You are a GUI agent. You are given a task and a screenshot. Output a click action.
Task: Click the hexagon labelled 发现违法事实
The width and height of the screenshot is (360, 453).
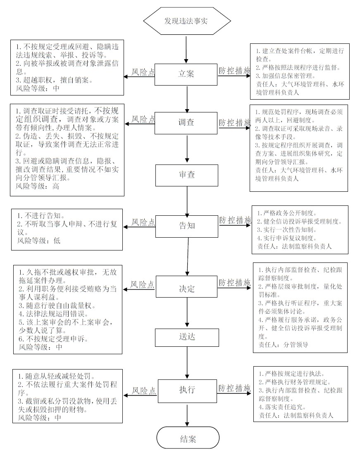click(x=187, y=21)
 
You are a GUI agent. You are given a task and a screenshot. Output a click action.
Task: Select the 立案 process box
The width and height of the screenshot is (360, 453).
click(x=186, y=74)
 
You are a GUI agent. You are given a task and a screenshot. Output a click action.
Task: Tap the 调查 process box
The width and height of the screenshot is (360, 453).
click(x=186, y=123)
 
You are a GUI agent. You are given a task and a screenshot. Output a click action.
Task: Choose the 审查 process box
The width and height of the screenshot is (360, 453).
click(x=187, y=175)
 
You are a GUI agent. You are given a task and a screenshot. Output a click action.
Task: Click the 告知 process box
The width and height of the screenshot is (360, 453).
click(x=187, y=226)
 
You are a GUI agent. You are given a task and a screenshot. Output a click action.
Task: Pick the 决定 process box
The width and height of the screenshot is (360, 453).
click(x=187, y=286)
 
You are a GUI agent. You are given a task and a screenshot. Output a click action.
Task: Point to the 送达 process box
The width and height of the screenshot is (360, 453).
click(x=187, y=337)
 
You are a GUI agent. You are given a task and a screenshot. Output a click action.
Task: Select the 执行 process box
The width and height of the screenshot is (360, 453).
click(x=187, y=391)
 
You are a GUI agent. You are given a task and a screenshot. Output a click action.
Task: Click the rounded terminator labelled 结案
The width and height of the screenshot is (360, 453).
click(x=188, y=439)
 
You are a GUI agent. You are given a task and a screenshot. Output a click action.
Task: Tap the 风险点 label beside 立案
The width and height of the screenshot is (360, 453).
click(x=143, y=72)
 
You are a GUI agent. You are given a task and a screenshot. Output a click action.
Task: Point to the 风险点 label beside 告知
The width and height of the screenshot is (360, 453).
click(x=143, y=222)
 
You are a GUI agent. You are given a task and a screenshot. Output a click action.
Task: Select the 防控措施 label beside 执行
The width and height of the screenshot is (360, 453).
click(x=234, y=388)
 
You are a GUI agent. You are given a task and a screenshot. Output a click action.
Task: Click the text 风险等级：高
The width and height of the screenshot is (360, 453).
click(x=38, y=186)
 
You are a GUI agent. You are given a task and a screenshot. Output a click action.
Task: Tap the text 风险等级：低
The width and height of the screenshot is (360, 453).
click(x=39, y=241)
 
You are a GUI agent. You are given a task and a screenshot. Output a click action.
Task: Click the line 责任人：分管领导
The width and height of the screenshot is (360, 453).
click(x=283, y=345)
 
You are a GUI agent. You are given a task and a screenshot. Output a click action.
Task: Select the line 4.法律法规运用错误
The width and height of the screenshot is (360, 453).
click(x=53, y=314)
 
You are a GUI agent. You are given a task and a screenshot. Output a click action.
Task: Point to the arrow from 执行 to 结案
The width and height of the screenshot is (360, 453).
click(x=188, y=415)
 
